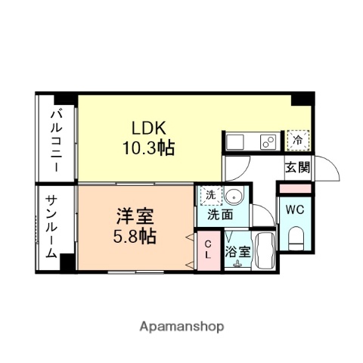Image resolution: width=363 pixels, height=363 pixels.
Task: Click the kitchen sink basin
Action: click(234, 141)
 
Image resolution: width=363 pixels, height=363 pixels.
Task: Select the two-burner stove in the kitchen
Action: click(267, 141)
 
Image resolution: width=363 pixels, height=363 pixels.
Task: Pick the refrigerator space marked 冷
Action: click(298, 140)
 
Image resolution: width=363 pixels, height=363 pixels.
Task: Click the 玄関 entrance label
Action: click(297, 168)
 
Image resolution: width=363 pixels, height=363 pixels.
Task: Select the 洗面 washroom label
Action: click(221, 214)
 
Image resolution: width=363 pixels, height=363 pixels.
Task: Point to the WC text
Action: click(295, 210)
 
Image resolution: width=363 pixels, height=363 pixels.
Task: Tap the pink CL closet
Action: click(208, 248)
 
